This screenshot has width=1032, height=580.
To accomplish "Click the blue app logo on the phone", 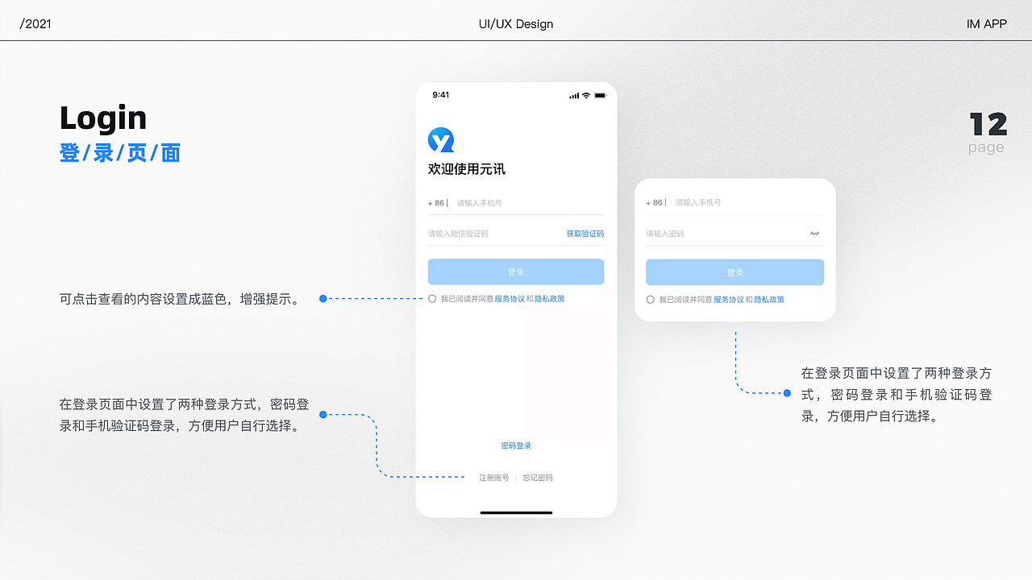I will click(x=441, y=140).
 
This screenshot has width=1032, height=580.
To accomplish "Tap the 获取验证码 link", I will click(x=585, y=234).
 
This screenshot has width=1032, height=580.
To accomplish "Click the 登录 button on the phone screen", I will click(x=516, y=271).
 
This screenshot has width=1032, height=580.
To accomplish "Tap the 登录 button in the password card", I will click(x=734, y=272).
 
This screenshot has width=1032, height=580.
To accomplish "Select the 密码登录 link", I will click(x=516, y=445).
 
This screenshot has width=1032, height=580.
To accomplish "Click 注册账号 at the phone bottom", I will click(x=494, y=478).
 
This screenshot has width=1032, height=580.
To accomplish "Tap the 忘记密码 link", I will click(x=538, y=478).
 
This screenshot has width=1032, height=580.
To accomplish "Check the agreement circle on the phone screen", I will click(x=432, y=299).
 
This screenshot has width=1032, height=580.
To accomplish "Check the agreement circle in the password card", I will click(x=651, y=300).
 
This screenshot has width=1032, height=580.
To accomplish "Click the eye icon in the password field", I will click(x=814, y=234).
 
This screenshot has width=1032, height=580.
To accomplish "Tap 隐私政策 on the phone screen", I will click(x=550, y=299).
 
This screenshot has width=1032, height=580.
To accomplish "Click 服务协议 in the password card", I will click(x=728, y=300).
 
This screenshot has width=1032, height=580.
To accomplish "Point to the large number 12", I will click(x=988, y=125).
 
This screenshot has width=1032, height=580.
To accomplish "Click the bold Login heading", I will click(x=103, y=118).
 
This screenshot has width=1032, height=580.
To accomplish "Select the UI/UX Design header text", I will click(x=516, y=24).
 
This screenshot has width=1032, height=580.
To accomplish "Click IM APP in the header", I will click(x=986, y=24).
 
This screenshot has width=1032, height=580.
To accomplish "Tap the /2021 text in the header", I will click(x=35, y=24).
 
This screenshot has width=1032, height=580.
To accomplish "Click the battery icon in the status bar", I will click(x=600, y=95).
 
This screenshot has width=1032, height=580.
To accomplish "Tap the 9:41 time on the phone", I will click(x=441, y=95).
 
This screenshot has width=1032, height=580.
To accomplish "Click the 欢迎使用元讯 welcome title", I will click(x=467, y=169).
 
